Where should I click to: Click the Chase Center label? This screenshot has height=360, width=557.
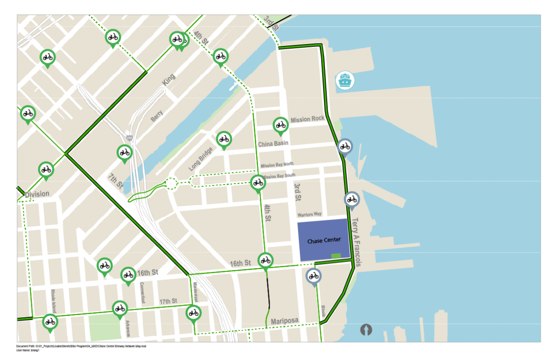click(324, 240)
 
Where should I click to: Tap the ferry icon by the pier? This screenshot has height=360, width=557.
click(345, 80)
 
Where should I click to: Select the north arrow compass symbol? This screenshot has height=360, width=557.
click(366, 330)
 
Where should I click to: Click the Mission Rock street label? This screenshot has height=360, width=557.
click(308, 119)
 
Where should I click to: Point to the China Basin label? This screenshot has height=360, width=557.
click(273, 144)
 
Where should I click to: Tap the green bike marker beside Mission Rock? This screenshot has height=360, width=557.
click(280, 125)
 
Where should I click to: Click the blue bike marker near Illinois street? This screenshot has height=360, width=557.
click(314, 276)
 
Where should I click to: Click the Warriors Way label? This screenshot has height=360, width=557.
click(309, 214)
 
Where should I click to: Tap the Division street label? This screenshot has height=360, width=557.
click(37, 194)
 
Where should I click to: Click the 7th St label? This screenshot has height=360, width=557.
click(115, 181)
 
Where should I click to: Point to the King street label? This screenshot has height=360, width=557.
click(169, 79)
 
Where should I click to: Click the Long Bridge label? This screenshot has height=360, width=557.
click(201, 159)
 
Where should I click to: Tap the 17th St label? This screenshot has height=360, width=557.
click(168, 301)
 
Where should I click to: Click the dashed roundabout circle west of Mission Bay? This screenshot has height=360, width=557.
click(171, 184)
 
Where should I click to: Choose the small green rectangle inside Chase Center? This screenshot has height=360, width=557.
click(336, 256)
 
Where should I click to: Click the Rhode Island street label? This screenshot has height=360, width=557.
click(53, 301)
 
